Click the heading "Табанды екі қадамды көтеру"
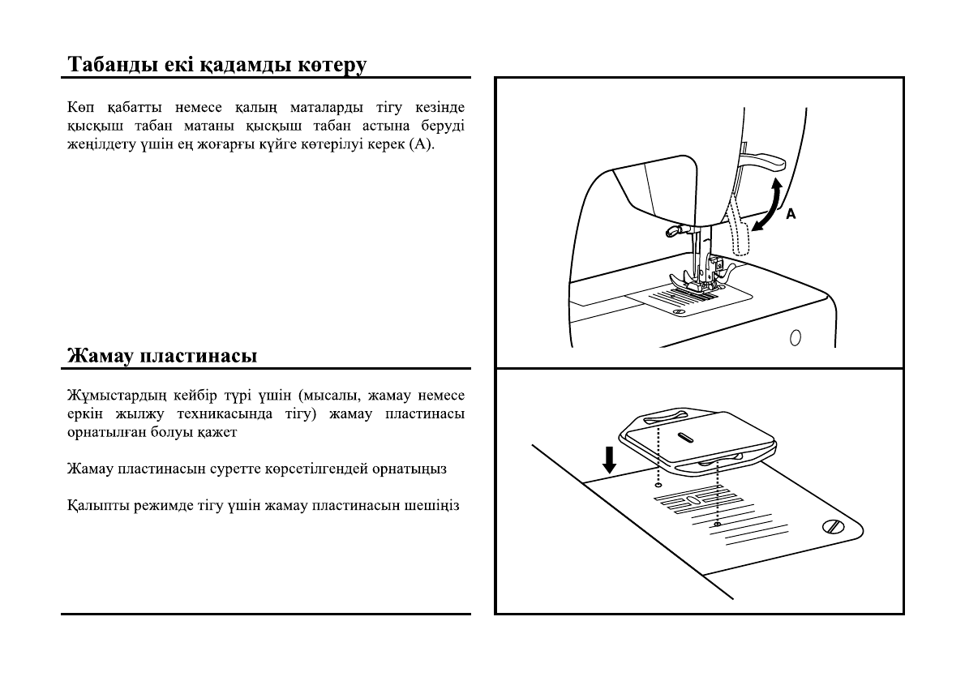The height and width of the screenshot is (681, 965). (217, 64)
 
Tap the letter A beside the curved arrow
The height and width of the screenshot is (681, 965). (791, 214)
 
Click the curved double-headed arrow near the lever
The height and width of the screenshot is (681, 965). (767, 207)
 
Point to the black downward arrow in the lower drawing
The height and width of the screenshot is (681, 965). (609, 460)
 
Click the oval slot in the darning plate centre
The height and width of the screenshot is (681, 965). (685, 438)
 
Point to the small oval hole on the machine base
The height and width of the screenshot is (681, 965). (795, 336)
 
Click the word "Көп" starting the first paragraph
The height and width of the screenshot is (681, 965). (78, 108)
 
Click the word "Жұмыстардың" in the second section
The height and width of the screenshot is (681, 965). (111, 396)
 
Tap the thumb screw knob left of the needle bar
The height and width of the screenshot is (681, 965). (671, 233)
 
